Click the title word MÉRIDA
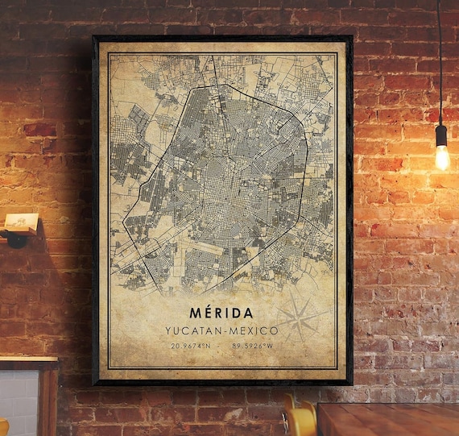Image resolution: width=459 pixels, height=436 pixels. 221,313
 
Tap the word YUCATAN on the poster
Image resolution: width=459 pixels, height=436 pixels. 193,330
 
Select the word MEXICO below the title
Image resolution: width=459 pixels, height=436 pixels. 254,330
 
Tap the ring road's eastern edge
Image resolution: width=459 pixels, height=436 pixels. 308,161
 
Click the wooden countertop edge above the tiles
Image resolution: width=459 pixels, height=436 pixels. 28,360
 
